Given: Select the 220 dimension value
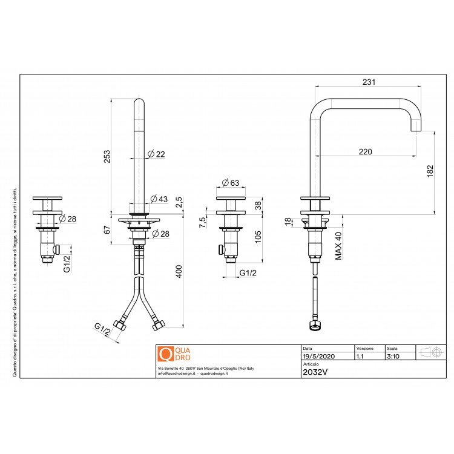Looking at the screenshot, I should (x=365, y=151).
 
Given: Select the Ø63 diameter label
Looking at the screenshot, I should (x=231, y=182).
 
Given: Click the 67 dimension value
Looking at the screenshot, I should (x=107, y=229).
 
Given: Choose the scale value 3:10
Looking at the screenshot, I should (x=393, y=357).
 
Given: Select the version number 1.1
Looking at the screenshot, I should (x=360, y=357).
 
